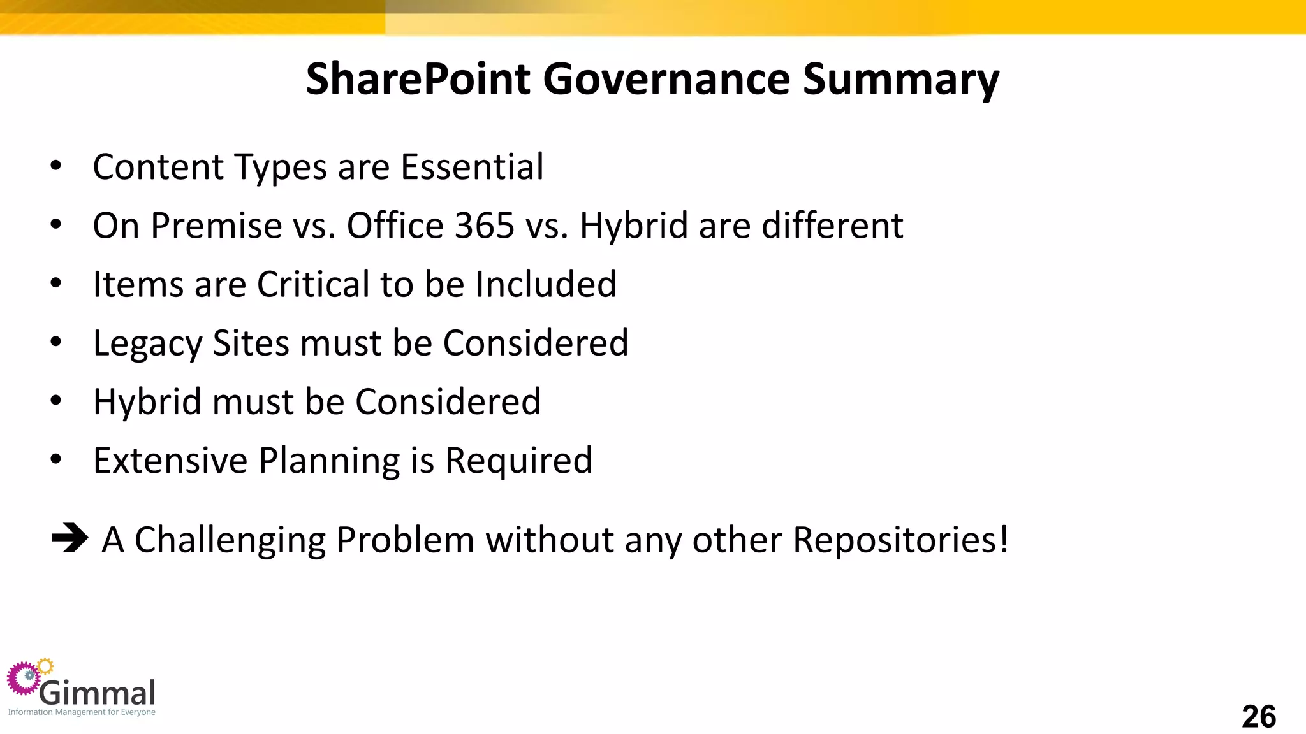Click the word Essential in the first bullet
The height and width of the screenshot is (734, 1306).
[472, 167]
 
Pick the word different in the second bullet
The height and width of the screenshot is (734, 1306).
[832, 226]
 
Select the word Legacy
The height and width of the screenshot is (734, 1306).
[147, 344]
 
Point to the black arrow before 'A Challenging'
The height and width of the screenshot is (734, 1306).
[70, 538]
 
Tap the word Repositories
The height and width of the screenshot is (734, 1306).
[900, 540]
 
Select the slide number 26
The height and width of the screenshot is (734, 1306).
[1258, 717]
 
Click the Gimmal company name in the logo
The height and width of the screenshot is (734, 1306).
[98, 693]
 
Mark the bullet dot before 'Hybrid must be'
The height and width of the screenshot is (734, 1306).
[56, 401]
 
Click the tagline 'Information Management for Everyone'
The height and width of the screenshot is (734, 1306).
[82, 712]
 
